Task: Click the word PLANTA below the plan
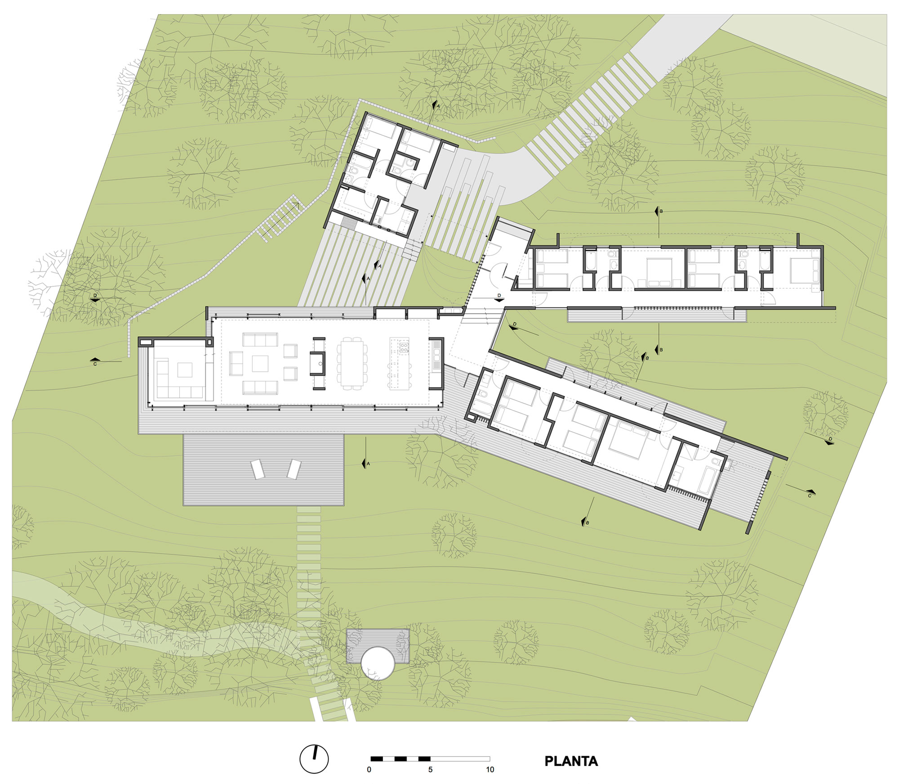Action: (x=571, y=761)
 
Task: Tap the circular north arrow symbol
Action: (x=314, y=759)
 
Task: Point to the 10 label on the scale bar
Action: (x=490, y=770)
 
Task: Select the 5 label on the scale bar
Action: (x=430, y=770)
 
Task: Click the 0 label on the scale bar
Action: (x=369, y=770)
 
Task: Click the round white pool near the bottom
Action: (x=378, y=663)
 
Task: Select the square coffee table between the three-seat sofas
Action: (x=260, y=363)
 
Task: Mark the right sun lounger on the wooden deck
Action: (x=294, y=469)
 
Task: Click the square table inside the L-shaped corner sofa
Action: (x=184, y=370)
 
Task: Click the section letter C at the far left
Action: (x=95, y=364)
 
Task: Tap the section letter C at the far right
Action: (x=810, y=496)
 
